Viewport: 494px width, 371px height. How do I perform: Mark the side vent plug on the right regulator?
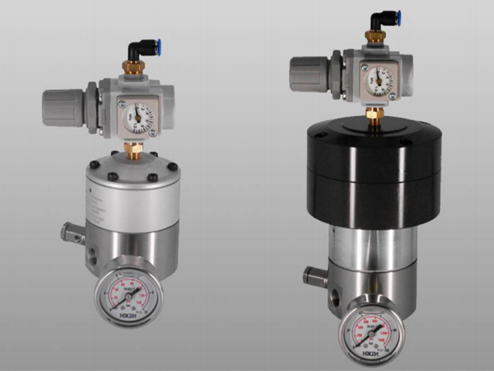pyautogui.click(x=313, y=275)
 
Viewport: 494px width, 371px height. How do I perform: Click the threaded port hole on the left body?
pyautogui.click(x=92, y=254)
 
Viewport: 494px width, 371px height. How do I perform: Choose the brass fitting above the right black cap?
pyautogui.click(x=374, y=115)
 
